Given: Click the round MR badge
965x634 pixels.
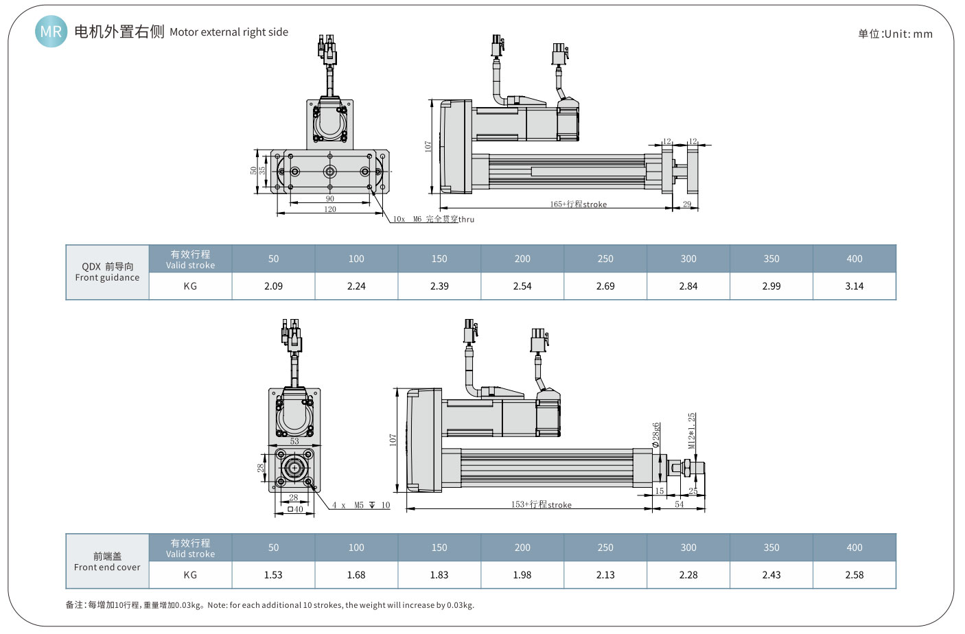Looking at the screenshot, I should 51,32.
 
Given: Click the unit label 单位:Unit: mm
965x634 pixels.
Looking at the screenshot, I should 895,34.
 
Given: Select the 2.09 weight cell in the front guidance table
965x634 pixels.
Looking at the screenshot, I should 273,286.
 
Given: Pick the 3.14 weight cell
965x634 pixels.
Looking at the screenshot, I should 854,286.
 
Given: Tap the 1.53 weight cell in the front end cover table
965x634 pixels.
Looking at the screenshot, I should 273,575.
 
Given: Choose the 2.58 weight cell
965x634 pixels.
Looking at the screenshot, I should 854,575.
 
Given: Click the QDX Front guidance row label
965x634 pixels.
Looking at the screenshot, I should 107,272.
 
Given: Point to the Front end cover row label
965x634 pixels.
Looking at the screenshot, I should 107,561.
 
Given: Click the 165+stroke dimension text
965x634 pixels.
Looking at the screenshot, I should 578,204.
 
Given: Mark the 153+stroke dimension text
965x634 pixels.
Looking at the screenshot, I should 541,504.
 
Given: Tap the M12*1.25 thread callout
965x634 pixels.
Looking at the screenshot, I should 692,430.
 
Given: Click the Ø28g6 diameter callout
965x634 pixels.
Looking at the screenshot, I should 656,435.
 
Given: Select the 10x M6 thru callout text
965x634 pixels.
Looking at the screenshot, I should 433,219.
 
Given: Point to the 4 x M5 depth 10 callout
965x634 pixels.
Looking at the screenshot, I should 361,505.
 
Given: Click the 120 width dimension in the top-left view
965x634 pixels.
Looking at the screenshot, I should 330,209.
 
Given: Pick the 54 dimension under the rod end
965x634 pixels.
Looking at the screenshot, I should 679,504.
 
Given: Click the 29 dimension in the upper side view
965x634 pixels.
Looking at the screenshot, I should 687,204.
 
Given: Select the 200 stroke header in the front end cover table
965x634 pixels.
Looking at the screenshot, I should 522,548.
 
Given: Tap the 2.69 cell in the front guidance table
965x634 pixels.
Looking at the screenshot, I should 605,286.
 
